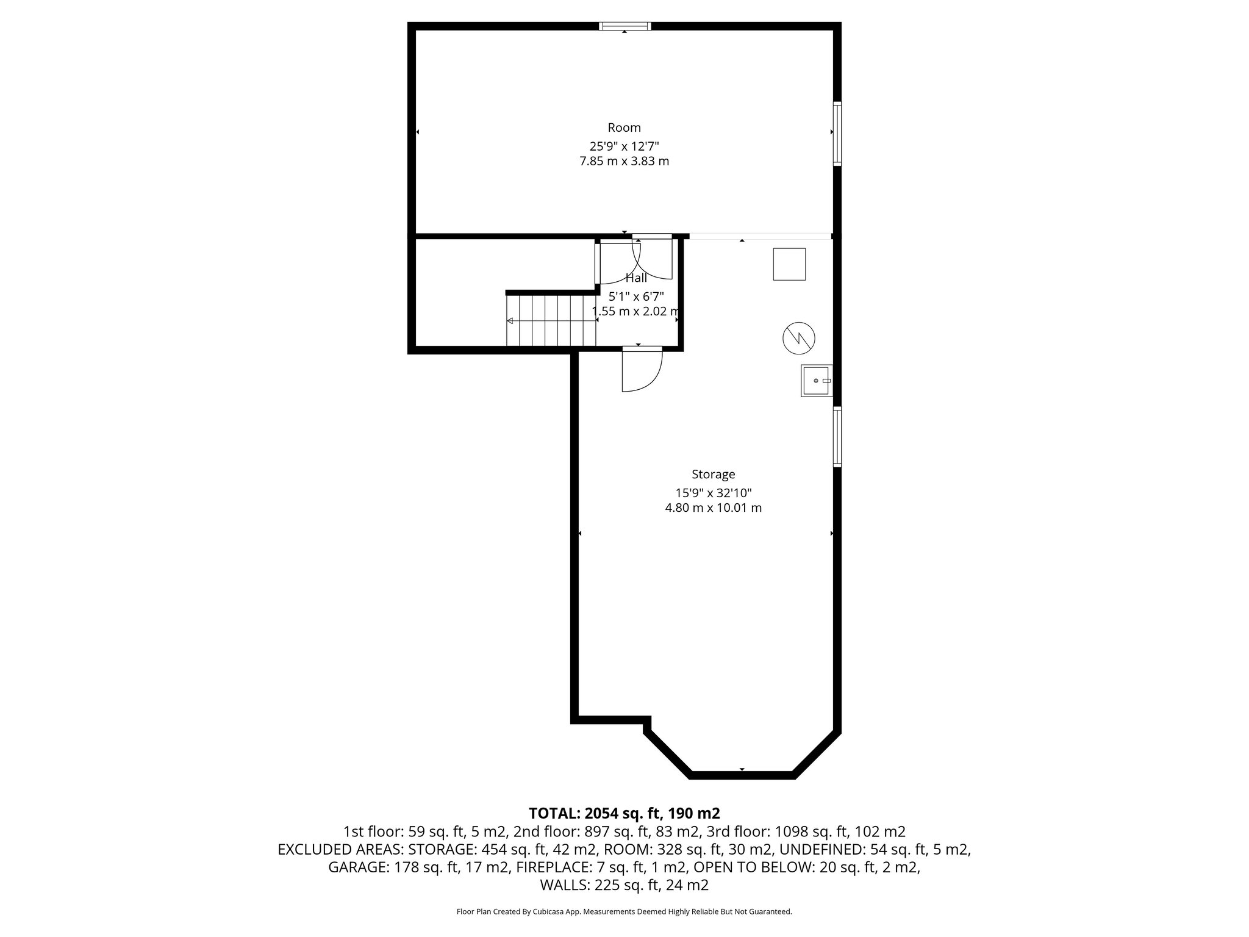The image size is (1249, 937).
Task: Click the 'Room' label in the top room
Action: pyautogui.click(x=624, y=127)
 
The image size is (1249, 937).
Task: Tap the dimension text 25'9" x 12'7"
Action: pyautogui.click(x=624, y=146)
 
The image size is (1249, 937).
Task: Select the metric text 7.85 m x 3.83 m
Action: pyautogui.click(x=624, y=162)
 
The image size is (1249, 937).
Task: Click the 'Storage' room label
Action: pyautogui.click(x=713, y=474)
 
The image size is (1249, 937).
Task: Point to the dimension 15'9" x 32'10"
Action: pyautogui.click(x=713, y=493)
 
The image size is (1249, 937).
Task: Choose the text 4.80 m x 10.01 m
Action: pyautogui.click(x=713, y=508)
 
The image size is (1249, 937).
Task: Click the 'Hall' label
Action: pyautogui.click(x=636, y=278)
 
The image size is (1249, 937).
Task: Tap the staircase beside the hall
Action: pyautogui.click(x=551, y=320)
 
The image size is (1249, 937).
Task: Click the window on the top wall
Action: pyautogui.click(x=624, y=26)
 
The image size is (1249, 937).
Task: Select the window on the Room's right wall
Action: pyautogui.click(x=837, y=134)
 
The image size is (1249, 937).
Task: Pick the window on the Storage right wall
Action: pyautogui.click(x=837, y=437)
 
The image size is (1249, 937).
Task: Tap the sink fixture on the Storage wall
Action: pyautogui.click(x=816, y=381)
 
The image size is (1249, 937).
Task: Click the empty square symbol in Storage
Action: pyautogui.click(x=789, y=264)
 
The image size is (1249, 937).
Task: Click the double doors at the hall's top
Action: pyautogui.click(x=637, y=261)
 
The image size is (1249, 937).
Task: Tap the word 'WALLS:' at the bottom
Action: pyautogui.click(x=561, y=885)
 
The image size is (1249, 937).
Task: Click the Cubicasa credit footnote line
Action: pyautogui.click(x=624, y=912)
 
